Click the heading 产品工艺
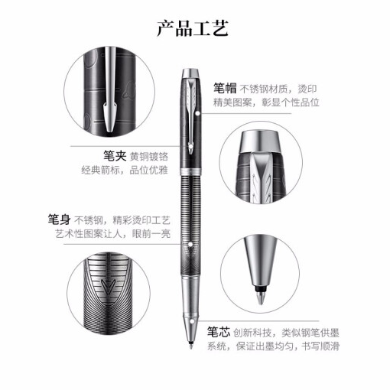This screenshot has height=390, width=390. tap(193, 28)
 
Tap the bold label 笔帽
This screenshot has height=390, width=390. tap(225, 89)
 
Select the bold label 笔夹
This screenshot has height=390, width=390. tap(115, 156)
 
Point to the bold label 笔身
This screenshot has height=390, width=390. tap(59, 219)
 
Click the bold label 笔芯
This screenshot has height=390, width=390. tap(219, 332)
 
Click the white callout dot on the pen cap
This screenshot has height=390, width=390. tap(198, 113)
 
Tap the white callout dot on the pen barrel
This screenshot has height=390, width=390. tap(190, 245)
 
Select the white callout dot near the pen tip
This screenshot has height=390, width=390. tap(193, 321)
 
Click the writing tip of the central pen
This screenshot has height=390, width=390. tap(191, 346)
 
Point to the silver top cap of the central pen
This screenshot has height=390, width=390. tap(191, 73)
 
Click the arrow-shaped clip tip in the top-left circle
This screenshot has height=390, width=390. tap(110, 116)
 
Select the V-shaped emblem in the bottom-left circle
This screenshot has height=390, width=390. tap(108, 286)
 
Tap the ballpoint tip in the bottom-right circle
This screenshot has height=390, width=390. tap(261, 297)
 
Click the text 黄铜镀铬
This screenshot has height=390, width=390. tap(149, 157)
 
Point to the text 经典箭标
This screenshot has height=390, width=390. tap(101, 170)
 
